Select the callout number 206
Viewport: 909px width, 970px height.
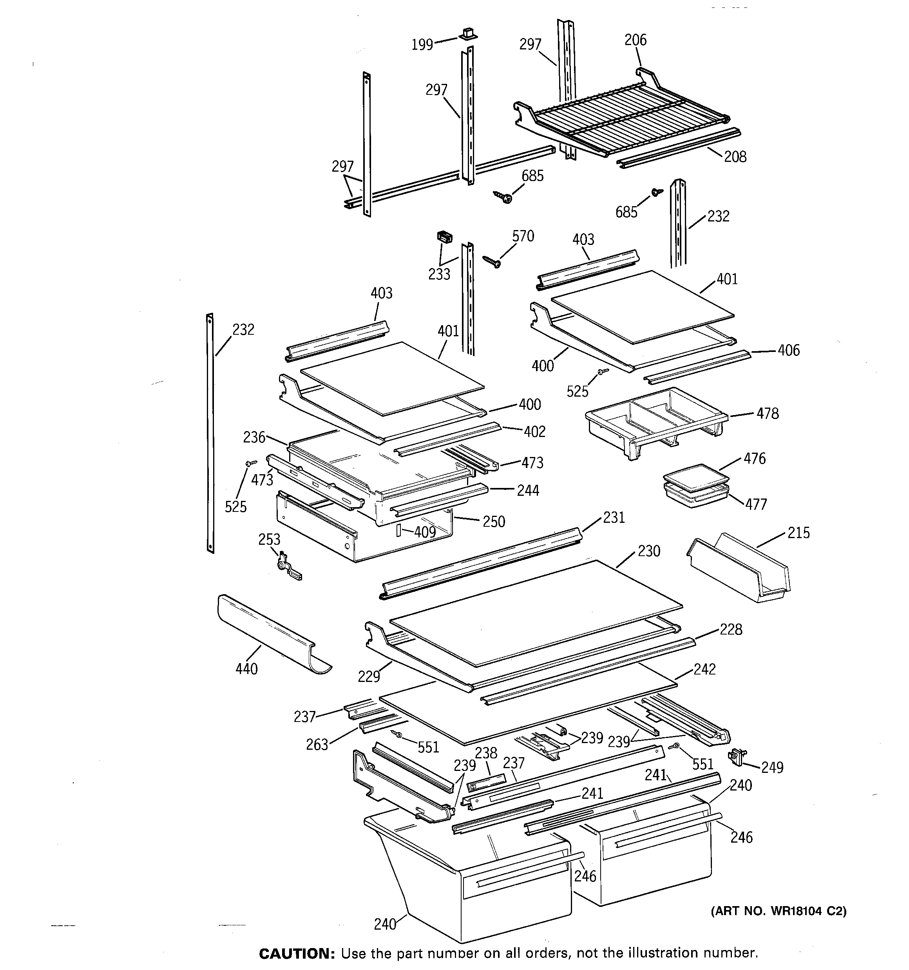pyautogui.click(x=635, y=40)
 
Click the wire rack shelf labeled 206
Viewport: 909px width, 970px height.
pyautogui.click(x=625, y=117)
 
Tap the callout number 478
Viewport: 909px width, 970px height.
pyautogui.click(x=768, y=414)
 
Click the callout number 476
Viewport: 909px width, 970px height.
pyautogui.click(x=754, y=459)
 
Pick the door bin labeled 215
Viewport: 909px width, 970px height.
pyautogui.click(x=739, y=568)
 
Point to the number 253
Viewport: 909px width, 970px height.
pyautogui.click(x=269, y=539)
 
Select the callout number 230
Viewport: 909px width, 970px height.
pyautogui.click(x=649, y=551)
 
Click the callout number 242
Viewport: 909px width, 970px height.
pyautogui.click(x=704, y=669)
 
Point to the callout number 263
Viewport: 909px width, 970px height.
pyautogui.click(x=317, y=745)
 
